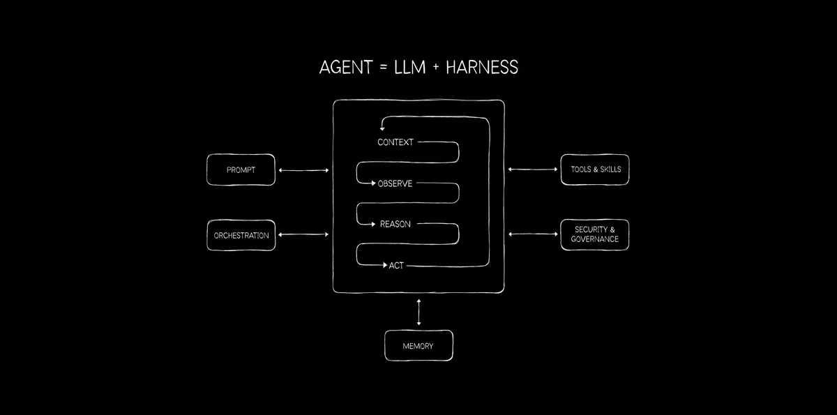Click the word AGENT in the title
pyautogui.click(x=346, y=68)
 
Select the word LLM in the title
pyautogui.click(x=409, y=68)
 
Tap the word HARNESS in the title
pyautogui.click(x=482, y=68)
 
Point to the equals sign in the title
pyautogui.click(x=384, y=68)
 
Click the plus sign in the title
pyautogui.click(x=436, y=67)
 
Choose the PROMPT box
pyautogui.click(x=241, y=169)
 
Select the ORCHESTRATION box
pyautogui.click(x=241, y=235)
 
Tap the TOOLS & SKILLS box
pyautogui.click(x=595, y=169)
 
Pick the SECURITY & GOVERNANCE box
pyautogui.click(x=595, y=234)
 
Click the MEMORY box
pyautogui.click(x=419, y=345)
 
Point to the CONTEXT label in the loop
pyautogui.click(x=395, y=142)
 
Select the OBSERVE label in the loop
pyautogui.click(x=395, y=183)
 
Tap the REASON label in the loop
pyautogui.click(x=395, y=224)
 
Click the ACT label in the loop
pyautogui.click(x=396, y=266)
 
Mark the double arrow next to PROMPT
pyautogui.click(x=304, y=170)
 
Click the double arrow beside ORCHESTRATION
pyautogui.click(x=303, y=234)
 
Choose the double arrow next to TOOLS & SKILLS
pyautogui.click(x=533, y=169)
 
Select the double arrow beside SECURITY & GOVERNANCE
pyautogui.click(x=533, y=234)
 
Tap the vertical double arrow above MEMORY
pyautogui.click(x=419, y=312)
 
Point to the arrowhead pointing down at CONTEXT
pyautogui.click(x=382, y=128)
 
